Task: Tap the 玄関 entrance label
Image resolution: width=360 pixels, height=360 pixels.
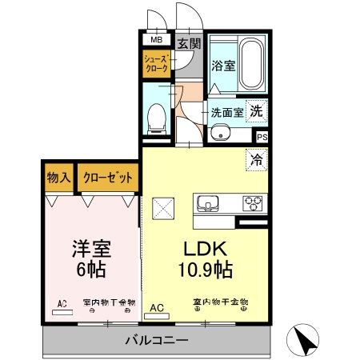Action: coord(188,43)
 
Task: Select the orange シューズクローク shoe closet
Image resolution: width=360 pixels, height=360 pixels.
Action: coord(154,65)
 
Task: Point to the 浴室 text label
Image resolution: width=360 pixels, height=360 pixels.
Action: coord(223,66)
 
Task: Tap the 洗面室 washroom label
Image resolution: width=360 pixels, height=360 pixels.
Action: coord(226,112)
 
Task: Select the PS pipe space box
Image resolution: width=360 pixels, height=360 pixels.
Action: coord(262,137)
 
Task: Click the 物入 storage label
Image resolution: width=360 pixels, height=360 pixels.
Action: coord(58,178)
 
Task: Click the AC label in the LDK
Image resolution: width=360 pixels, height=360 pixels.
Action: coord(157,307)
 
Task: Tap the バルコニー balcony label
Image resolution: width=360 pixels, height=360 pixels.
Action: coord(158,342)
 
